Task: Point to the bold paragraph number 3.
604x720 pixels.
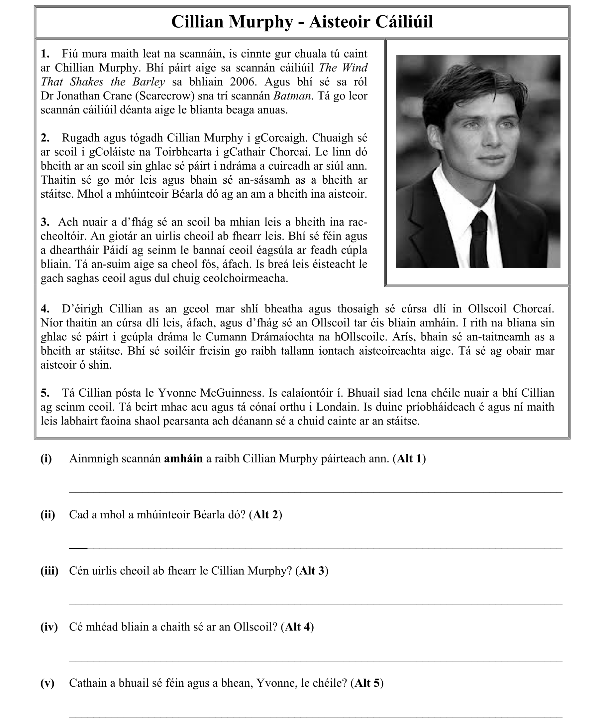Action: click(x=44, y=222)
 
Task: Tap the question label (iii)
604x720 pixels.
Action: click(x=49, y=571)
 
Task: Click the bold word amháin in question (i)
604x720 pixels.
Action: click(x=183, y=459)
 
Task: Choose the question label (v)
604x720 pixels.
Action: click(x=47, y=683)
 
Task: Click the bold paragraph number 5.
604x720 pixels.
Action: click(x=44, y=393)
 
